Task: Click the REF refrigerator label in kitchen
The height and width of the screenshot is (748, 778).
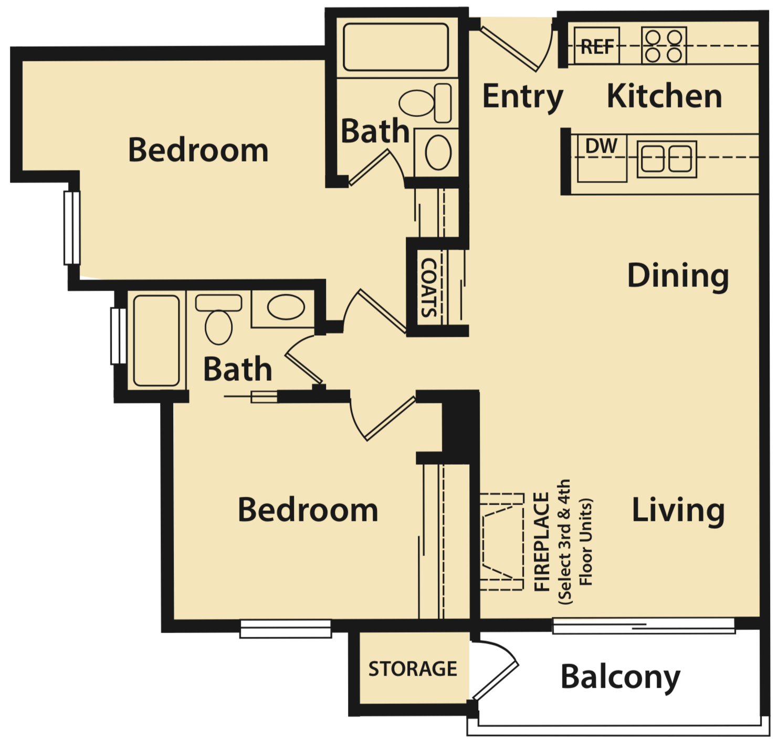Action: pyautogui.click(x=597, y=47)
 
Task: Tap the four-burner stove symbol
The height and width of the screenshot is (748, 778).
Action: pyautogui.click(x=664, y=46)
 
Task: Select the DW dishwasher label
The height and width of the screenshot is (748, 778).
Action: pyautogui.click(x=601, y=146)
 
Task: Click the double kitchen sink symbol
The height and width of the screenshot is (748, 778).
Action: pyautogui.click(x=667, y=158)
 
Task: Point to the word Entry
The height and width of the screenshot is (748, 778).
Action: pyautogui.click(x=522, y=97)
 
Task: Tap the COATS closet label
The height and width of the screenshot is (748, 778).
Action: pyautogui.click(x=429, y=287)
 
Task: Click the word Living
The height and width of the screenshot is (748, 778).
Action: pyautogui.click(x=678, y=510)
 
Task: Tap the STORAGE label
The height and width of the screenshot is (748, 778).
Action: pyautogui.click(x=412, y=669)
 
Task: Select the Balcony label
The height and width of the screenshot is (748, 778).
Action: pyautogui.click(x=620, y=677)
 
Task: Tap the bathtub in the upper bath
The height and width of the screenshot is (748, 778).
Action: pyautogui.click(x=396, y=47)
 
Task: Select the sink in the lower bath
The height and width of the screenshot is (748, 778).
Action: pyautogui.click(x=285, y=307)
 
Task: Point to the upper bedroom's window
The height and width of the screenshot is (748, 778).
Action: pyautogui.click(x=72, y=228)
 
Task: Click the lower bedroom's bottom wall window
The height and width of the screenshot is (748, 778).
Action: pyautogui.click(x=286, y=629)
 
